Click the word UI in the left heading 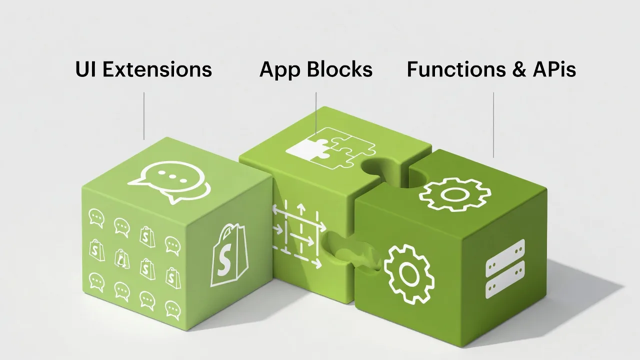85,69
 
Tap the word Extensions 157,69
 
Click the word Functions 450,69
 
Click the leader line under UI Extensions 144,115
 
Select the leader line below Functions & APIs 493,124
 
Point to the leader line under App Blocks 316,112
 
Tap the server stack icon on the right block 505,268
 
